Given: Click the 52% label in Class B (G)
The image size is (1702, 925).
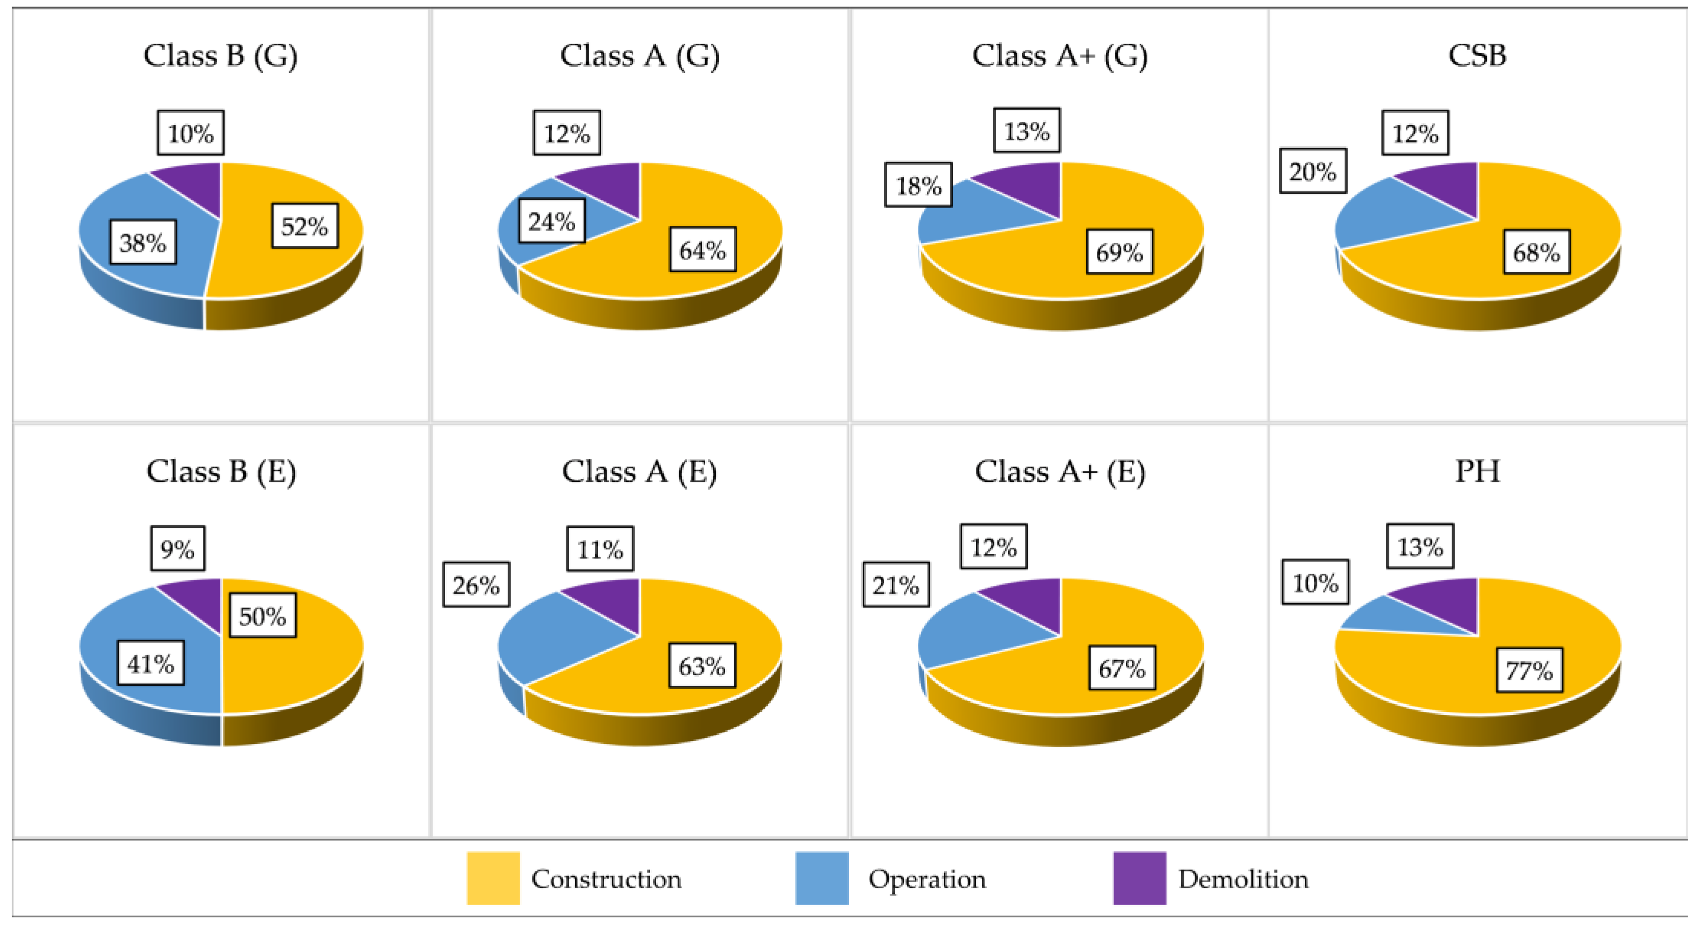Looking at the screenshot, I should (304, 226).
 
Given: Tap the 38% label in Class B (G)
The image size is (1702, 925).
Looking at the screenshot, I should (143, 243).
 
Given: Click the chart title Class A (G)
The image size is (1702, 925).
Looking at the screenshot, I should (639, 56).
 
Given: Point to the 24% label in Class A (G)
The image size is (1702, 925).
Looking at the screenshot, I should (551, 221).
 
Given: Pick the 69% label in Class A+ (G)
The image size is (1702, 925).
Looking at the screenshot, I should (1119, 252).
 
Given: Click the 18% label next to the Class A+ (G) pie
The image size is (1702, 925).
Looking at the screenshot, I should (918, 185).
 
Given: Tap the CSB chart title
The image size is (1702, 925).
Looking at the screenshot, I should (1477, 56).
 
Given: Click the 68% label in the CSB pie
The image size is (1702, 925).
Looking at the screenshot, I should (1536, 252).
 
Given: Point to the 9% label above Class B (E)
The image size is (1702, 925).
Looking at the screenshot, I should (177, 548).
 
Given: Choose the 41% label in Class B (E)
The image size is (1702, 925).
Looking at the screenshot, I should (150, 663).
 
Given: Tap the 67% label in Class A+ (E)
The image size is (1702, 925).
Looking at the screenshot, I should (1122, 668).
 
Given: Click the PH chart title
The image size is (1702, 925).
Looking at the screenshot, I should (1477, 472).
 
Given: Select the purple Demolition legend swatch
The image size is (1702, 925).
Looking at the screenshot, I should (1139, 879).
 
